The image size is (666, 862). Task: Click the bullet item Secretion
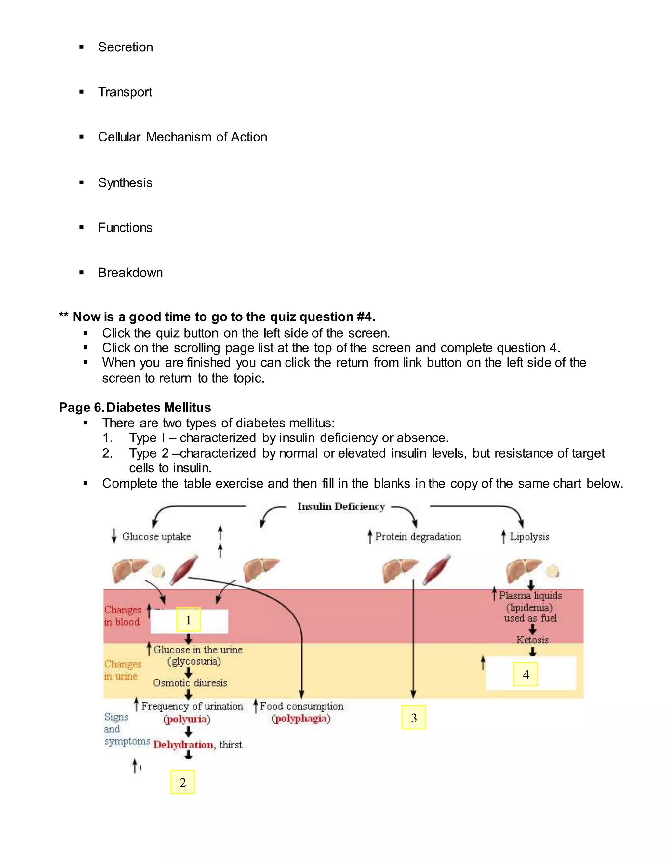tap(125, 47)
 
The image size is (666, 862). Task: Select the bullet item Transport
tap(125, 92)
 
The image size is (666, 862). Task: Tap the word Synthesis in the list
tap(125, 183)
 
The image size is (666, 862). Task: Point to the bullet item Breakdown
tap(130, 273)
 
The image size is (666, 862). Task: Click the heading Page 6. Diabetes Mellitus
tap(135, 407)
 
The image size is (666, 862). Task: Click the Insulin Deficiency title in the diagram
tap(341, 506)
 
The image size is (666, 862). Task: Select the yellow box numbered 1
tap(188, 620)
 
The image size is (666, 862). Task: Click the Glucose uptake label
tap(156, 537)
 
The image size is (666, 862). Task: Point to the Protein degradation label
tap(418, 537)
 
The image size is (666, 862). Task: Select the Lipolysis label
tap(529, 537)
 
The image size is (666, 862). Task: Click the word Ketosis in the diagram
tap(532, 640)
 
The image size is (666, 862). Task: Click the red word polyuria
tap(187, 719)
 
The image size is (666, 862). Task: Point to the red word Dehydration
tap(183, 745)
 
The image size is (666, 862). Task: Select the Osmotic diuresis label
tap(190, 683)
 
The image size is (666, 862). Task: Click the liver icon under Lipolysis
tap(522, 570)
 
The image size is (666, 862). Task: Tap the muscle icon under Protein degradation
tap(436, 570)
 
